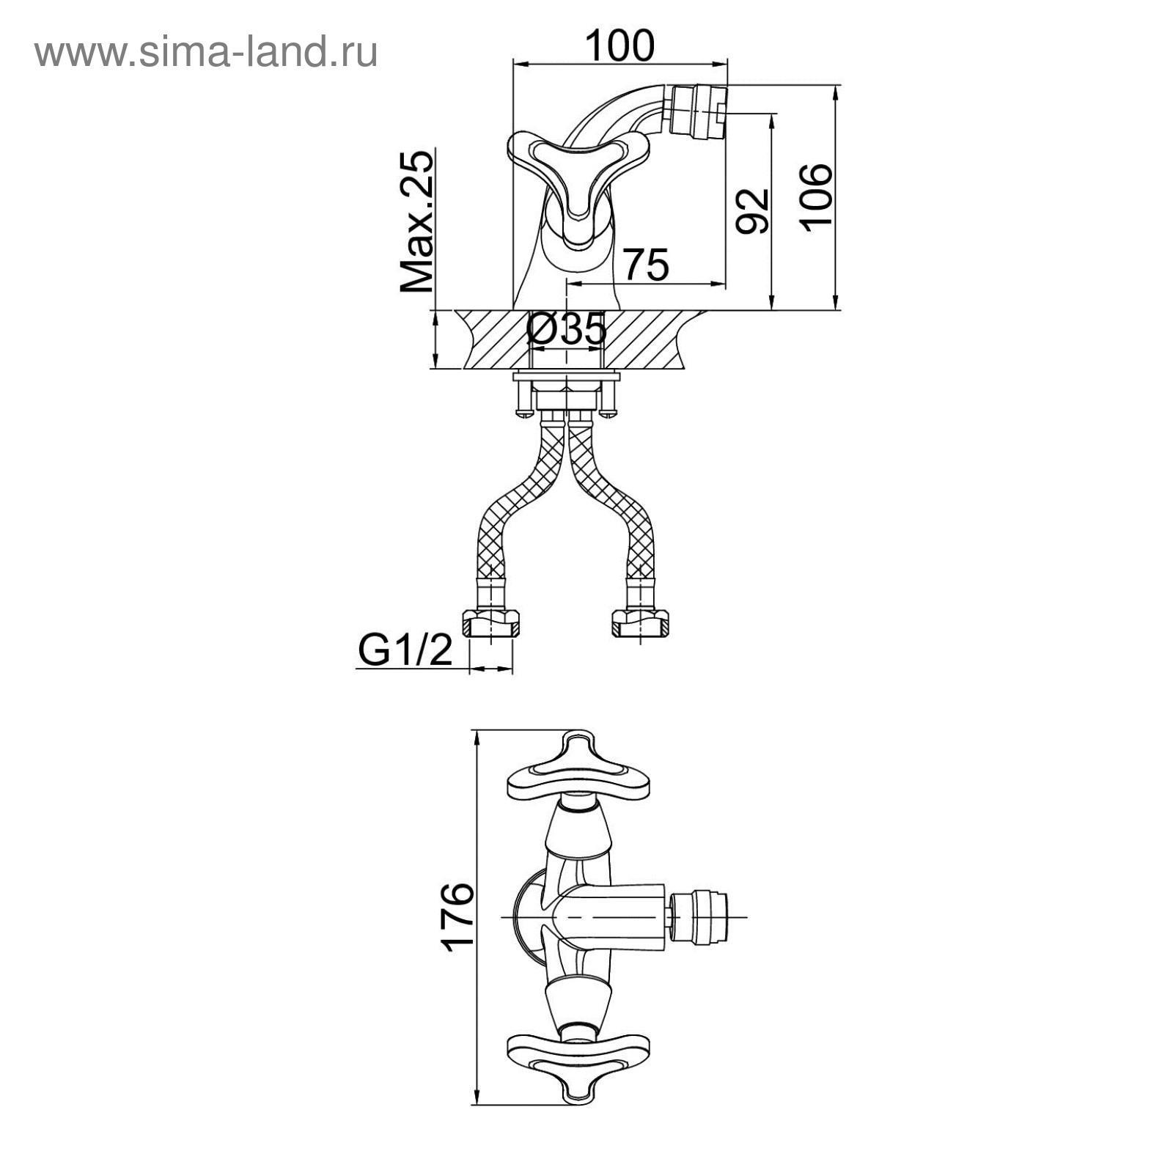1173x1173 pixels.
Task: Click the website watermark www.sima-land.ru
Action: (x=206, y=52)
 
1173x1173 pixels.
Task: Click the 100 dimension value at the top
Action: (x=619, y=45)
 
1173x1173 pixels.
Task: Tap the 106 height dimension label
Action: (x=816, y=197)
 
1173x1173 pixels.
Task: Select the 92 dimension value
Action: (x=753, y=211)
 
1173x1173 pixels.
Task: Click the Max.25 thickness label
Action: (x=417, y=221)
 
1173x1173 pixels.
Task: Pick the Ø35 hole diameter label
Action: (x=567, y=329)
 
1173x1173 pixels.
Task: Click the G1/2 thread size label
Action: (x=405, y=650)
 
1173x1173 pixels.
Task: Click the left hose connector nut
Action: (x=490, y=624)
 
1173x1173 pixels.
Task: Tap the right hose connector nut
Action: (x=639, y=624)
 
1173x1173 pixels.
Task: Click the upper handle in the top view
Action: (x=579, y=777)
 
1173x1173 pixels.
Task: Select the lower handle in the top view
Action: (x=579, y=1056)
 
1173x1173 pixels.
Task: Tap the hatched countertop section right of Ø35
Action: (x=645, y=339)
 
